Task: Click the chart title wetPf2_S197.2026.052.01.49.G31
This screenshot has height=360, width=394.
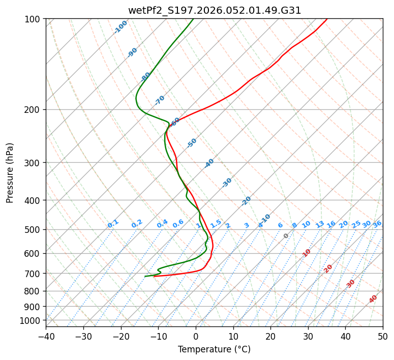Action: (215, 10)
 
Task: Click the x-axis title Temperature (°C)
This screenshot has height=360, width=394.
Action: (214, 349)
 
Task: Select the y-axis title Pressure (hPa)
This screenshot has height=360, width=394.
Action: (10, 173)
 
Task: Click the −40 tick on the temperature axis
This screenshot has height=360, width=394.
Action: (46, 336)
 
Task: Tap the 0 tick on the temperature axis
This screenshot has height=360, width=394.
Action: (196, 336)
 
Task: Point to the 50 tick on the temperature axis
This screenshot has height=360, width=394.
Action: (383, 336)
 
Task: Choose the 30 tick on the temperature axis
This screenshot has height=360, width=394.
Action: (308, 336)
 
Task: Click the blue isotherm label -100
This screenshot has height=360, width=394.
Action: (121, 27)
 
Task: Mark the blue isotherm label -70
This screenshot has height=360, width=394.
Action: (160, 100)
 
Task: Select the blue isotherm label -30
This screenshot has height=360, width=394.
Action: (227, 183)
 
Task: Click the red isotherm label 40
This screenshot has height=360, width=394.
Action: (373, 299)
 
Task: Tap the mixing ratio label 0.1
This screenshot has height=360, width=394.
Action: (113, 224)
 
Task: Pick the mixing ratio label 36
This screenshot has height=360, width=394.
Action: (377, 224)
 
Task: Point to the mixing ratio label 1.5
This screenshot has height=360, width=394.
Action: (216, 224)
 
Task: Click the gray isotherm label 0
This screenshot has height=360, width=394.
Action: (286, 236)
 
